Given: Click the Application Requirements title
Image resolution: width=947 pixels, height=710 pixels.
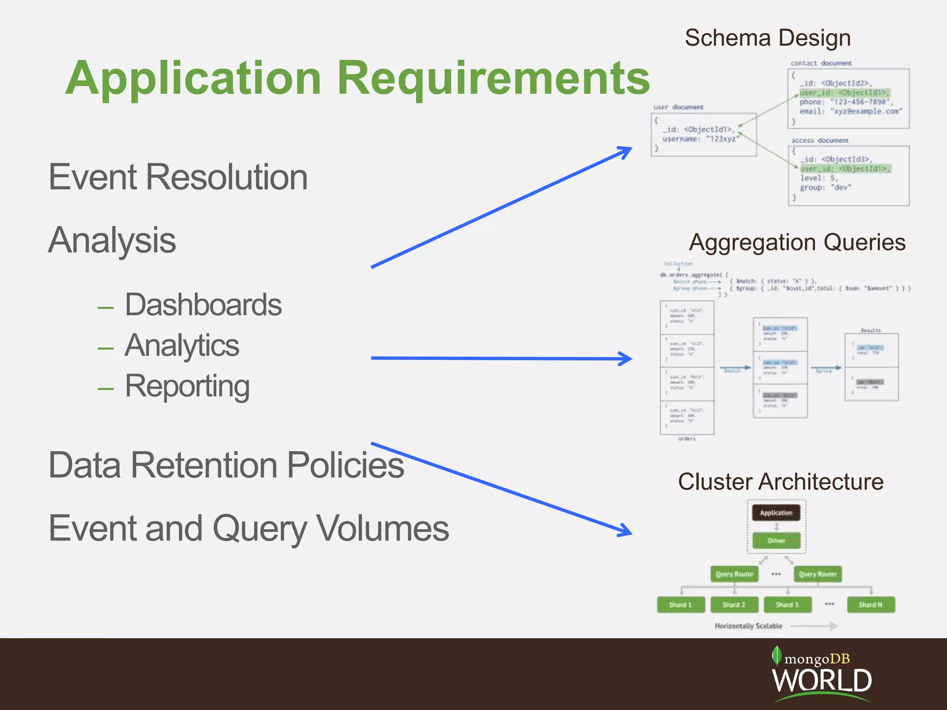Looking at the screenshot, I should click(x=357, y=79).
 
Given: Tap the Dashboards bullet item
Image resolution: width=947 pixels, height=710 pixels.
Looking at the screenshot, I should click(x=203, y=305).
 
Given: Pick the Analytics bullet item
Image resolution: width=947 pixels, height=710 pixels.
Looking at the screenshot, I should click(x=182, y=346).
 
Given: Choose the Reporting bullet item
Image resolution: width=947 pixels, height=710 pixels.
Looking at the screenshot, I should click(x=187, y=386).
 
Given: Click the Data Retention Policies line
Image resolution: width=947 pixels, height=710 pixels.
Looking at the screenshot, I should click(x=226, y=465).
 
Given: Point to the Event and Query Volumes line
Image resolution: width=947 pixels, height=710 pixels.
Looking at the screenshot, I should click(x=249, y=528).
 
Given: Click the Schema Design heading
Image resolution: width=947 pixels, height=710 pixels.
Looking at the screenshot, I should click(x=768, y=38).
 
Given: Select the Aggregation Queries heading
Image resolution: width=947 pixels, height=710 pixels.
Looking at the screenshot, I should click(x=797, y=243).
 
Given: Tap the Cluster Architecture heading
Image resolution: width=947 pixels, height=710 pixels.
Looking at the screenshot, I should click(x=781, y=482).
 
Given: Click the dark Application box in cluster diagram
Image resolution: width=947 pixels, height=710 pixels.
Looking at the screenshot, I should click(x=776, y=513).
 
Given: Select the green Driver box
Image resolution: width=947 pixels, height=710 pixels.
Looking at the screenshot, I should click(x=776, y=540).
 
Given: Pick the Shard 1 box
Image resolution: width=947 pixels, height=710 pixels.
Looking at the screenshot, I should click(x=681, y=605).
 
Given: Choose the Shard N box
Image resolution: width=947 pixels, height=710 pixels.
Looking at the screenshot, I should click(x=871, y=605).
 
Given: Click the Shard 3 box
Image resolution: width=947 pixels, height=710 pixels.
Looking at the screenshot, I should click(x=787, y=605).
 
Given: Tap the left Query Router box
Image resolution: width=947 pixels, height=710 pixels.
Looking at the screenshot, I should click(x=734, y=574).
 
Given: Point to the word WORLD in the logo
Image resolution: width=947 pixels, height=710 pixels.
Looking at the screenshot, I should click(x=822, y=680).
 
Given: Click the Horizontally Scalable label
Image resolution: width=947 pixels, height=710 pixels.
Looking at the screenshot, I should click(x=748, y=626).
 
